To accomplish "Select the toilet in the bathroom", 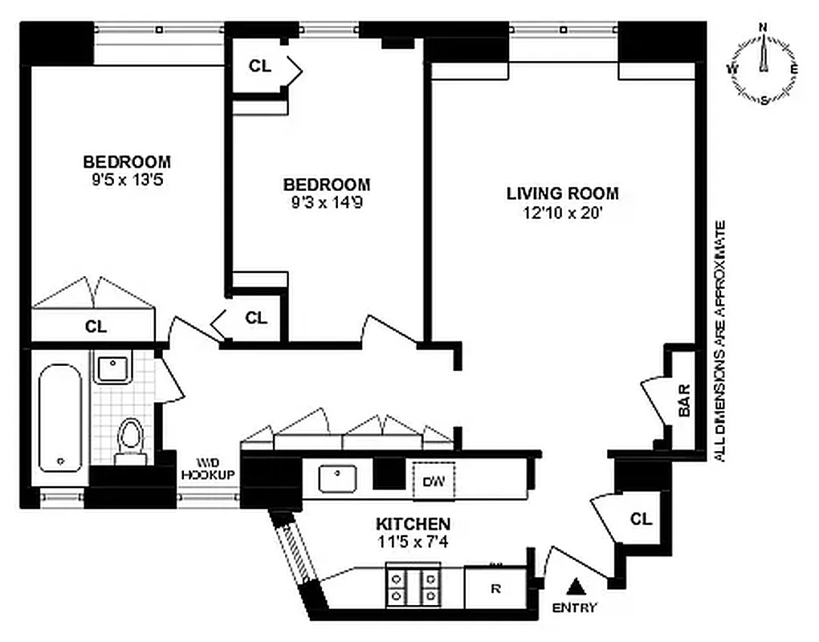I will (129, 441).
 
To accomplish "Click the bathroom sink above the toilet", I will (112, 370).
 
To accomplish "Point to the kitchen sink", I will (337, 479).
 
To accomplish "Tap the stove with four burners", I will (414, 586).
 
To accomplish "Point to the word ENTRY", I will (575, 607).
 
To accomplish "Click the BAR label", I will (685, 408).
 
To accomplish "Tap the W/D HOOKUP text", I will (207, 469).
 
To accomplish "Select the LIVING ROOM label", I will (562, 193).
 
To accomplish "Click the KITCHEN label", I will (413, 523).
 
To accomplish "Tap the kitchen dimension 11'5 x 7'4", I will (413, 541).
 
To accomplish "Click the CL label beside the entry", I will (641, 519).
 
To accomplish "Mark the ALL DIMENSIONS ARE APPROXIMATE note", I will (719, 340).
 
